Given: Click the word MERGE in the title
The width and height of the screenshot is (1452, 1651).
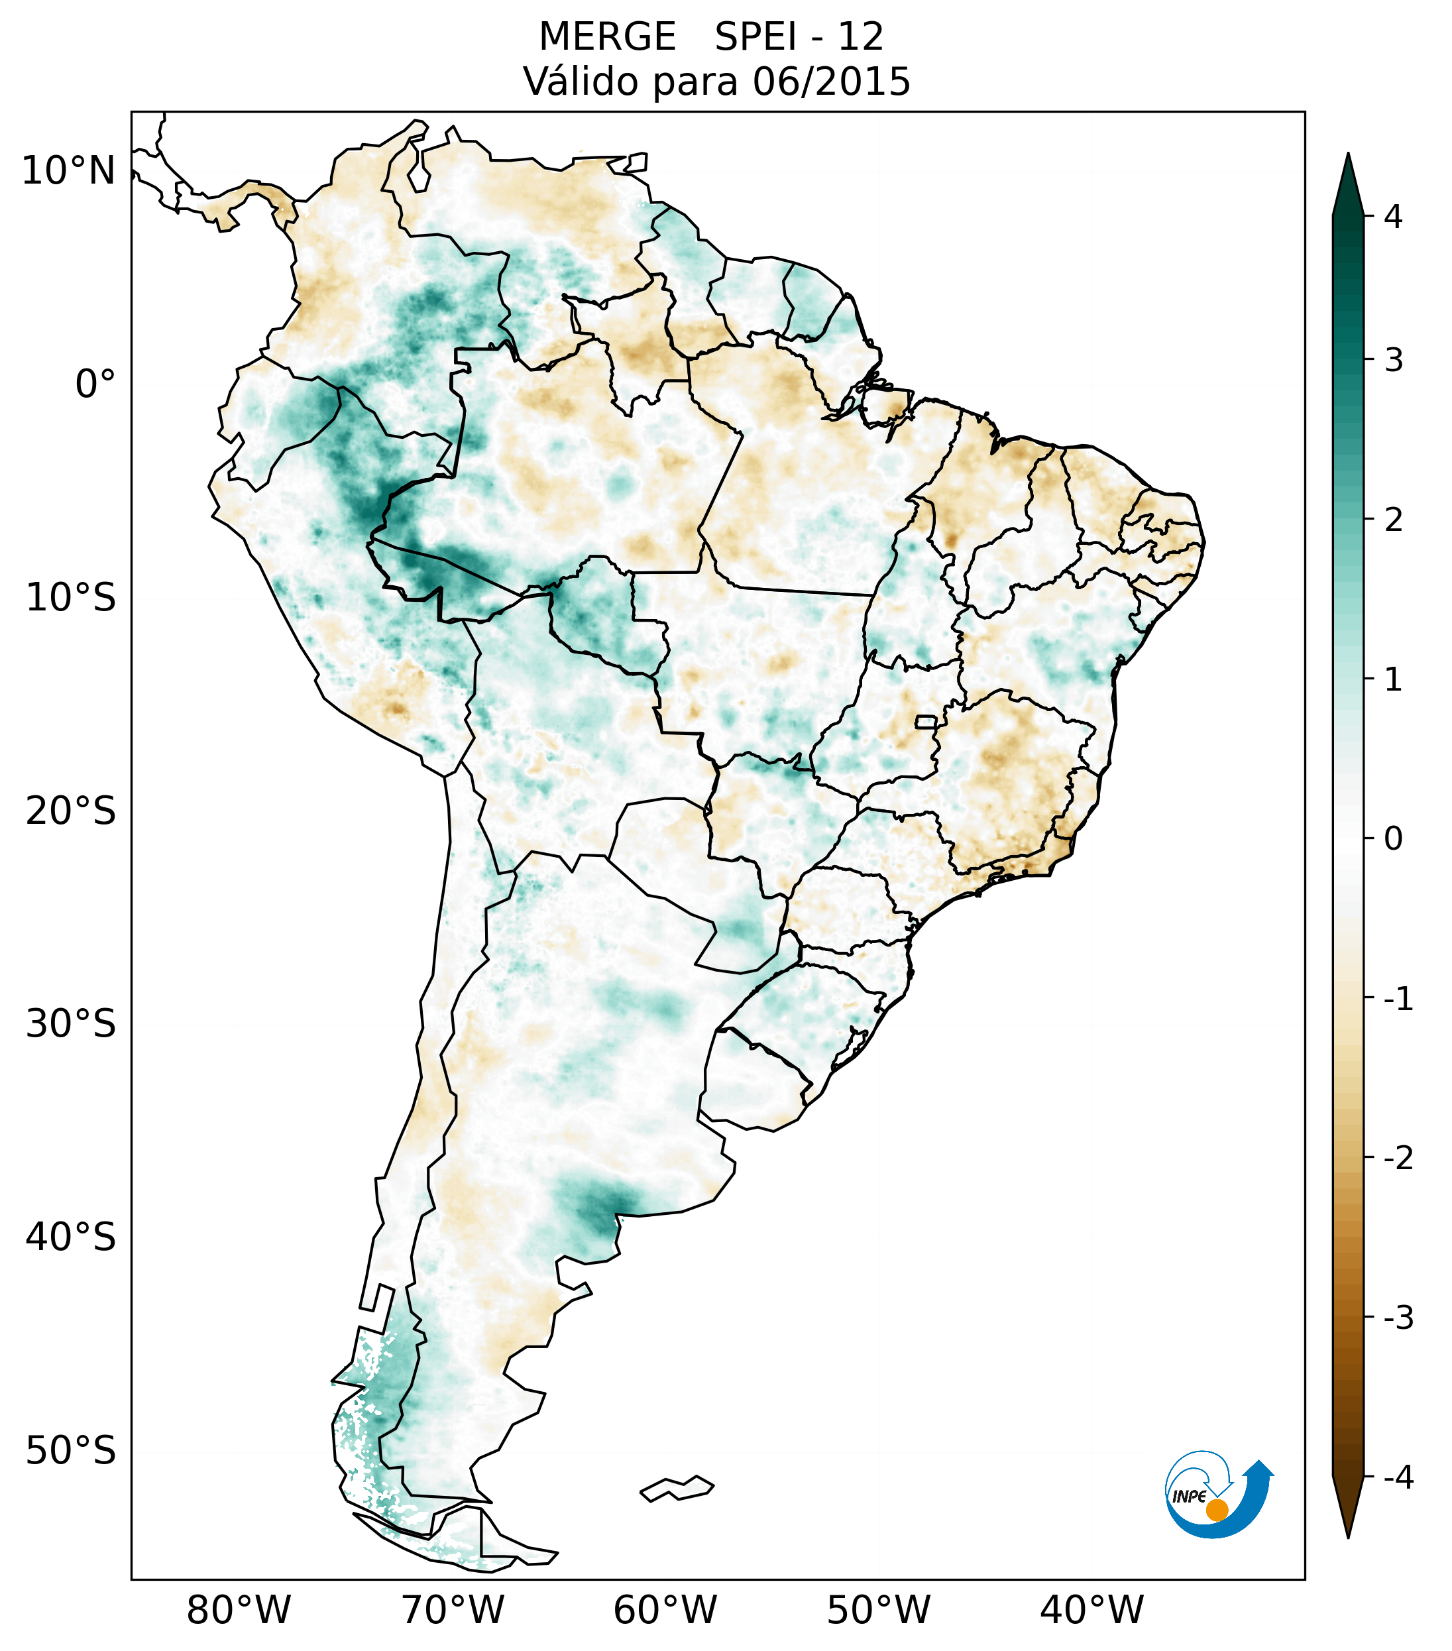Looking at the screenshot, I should click(x=606, y=37).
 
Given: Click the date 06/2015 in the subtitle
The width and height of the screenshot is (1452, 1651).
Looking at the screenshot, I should click(x=831, y=82).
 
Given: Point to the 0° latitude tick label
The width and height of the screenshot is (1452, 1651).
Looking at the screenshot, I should click(x=95, y=384).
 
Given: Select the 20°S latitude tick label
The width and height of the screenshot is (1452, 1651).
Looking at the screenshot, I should click(x=71, y=811).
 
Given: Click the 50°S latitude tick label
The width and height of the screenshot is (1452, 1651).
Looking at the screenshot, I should click(x=71, y=1451).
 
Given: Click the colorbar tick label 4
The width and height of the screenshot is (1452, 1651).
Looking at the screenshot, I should click(x=1393, y=217).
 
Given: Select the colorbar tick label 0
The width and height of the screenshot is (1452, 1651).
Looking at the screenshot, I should click(x=1393, y=839).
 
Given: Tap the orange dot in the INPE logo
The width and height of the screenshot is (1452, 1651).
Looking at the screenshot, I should click(x=1216, y=1510).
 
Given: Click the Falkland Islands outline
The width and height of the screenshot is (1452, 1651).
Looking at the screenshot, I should click(x=677, y=1488).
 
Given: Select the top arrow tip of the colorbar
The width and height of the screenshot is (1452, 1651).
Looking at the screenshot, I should click(x=1347, y=155).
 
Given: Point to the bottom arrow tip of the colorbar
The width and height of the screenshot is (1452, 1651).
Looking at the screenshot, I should click(x=1348, y=1536).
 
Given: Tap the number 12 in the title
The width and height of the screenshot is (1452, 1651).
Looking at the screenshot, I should click(x=860, y=37).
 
